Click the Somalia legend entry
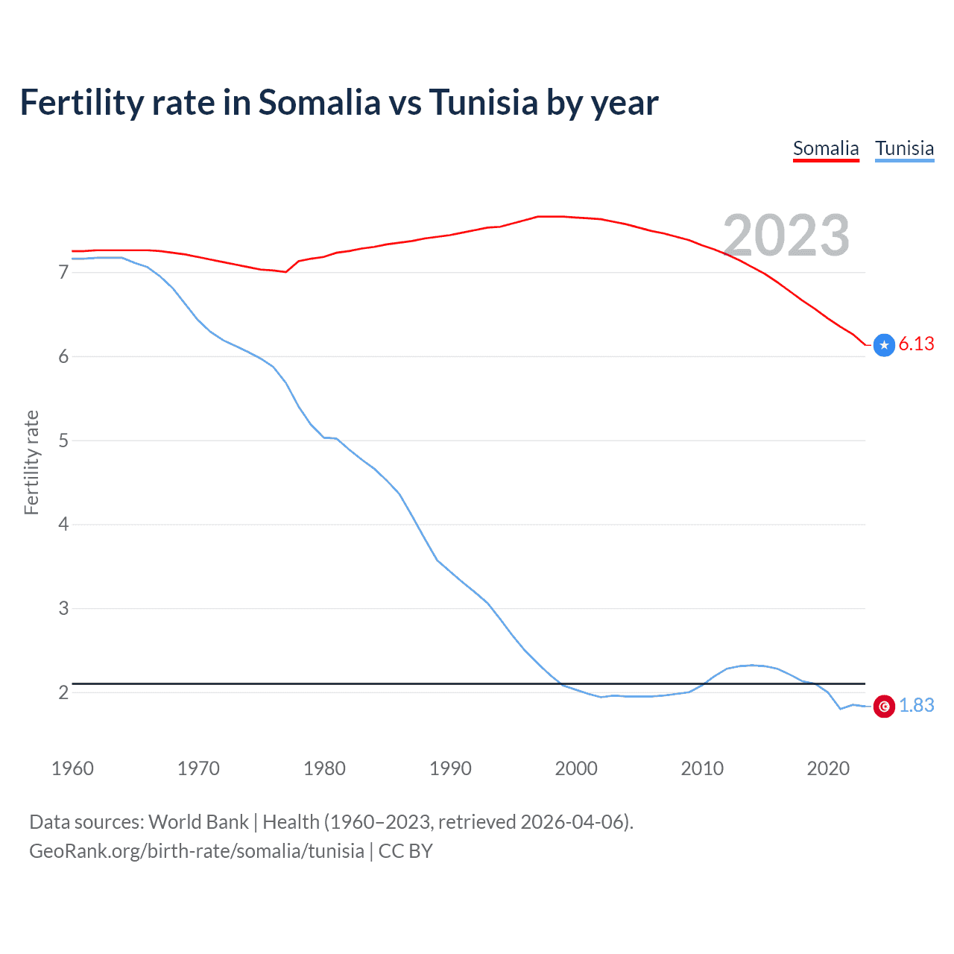pos(826,148)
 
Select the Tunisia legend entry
pos(904,148)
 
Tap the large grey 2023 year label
pos(786,236)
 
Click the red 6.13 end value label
pos(916,344)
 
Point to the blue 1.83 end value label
pos(916,705)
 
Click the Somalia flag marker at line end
pos(884,345)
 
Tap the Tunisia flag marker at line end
pos(884,706)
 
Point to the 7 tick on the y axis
pos(63,273)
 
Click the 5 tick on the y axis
pos(63,440)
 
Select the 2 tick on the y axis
pos(63,692)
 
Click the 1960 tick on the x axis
pos(72,768)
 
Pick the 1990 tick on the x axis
pos(450,768)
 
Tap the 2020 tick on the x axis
pos(828,768)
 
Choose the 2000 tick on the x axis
pos(576,768)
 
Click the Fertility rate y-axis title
pos(31,462)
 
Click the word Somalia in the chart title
pos(319,103)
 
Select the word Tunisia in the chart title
pos(483,103)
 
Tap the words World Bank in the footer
pos(198,822)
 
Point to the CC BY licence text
pos(405,851)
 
